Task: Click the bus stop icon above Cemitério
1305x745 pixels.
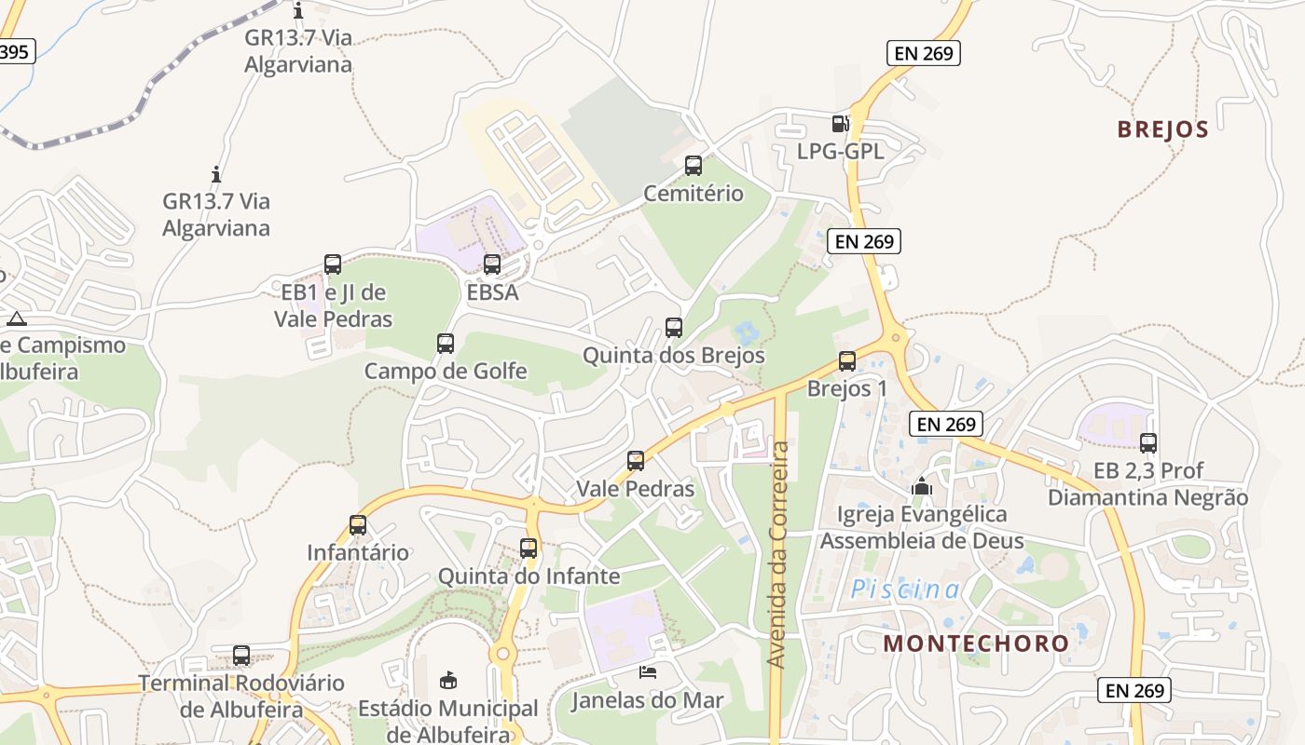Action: [694, 166]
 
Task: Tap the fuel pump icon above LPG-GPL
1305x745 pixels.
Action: [840, 123]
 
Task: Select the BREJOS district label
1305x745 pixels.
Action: [1162, 129]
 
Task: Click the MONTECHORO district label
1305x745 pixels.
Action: [976, 643]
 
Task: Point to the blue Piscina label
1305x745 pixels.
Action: [905, 589]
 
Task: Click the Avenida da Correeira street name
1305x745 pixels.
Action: [777, 554]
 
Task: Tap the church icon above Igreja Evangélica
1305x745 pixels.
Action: [922, 486]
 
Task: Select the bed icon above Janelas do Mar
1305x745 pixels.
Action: [648, 671]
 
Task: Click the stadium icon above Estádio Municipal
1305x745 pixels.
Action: [448, 680]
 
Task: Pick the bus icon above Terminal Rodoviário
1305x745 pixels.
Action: [241, 655]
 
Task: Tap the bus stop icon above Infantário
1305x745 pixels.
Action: [358, 524]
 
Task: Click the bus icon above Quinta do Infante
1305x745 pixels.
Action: [529, 548]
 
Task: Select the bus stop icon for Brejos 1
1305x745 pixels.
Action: [847, 360]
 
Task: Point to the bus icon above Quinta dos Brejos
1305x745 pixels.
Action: [674, 327]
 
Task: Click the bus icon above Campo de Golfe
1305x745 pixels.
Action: [446, 343]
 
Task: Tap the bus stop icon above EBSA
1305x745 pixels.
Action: [492, 264]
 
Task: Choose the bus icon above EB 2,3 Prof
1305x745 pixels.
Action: [1148, 442]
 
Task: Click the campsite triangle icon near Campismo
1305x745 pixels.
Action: [16, 318]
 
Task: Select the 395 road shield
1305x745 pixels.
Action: [14, 52]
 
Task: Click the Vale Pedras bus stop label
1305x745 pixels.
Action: [636, 489]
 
